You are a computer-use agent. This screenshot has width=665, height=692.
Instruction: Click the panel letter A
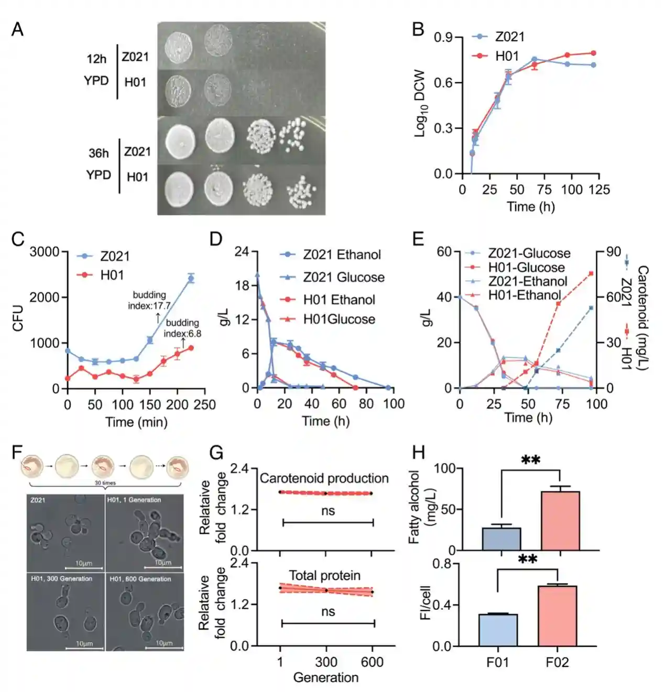[x=17, y=29]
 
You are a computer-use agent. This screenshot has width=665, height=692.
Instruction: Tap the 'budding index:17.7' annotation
[x=149, y=300]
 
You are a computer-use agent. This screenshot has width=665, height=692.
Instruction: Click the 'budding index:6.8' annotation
[x=182, y=328]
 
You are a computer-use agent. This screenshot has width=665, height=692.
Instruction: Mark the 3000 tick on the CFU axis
[x=45, y=252]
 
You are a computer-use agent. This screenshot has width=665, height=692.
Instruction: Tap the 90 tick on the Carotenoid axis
[x=614, y=252]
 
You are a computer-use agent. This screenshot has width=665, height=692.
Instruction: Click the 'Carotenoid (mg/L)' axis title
[x=643, y=317]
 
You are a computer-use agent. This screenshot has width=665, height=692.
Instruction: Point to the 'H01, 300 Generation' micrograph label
[x=61, y=579]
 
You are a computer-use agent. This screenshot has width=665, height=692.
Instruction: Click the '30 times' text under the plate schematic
[x=105, y=482]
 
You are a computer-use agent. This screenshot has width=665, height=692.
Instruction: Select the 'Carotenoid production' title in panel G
[x=324, y=478]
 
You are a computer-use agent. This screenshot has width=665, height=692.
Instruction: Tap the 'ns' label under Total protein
[x=328, y=612]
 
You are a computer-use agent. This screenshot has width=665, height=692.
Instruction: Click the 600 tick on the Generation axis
[x=372, y=662]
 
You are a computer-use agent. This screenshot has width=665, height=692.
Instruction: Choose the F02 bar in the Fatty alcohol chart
[x=560, y=521]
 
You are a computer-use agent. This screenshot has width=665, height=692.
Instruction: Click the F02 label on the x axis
[x=557, y=663]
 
